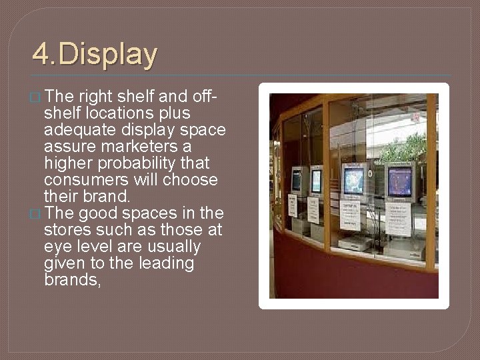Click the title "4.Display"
point(95,55)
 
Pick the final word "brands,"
point(71,280)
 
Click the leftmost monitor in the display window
point(296,181)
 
